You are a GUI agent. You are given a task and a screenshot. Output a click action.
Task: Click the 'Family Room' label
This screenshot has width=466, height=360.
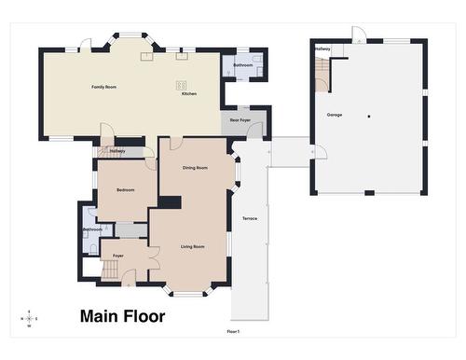[x=103, y=87]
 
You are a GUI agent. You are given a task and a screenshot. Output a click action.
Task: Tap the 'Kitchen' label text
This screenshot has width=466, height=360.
[x=189, y=94]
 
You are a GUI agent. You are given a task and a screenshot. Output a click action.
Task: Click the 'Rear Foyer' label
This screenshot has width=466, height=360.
[x=240, y=120]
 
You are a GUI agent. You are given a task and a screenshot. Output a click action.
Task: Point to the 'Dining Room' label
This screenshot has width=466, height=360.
[x=195, y=168]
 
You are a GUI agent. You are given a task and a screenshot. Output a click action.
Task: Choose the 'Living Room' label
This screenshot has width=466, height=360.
[x=193, y=247]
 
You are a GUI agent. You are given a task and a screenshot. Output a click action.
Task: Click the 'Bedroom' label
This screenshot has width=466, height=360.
[x=125, y=190]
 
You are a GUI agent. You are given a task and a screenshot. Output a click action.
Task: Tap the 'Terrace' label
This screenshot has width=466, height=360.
[x=250, y=218]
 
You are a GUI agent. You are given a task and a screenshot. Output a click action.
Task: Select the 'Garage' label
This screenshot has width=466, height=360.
[x=334, y=115]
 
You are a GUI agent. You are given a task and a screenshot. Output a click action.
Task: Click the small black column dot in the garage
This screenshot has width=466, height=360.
[x=369, y=116]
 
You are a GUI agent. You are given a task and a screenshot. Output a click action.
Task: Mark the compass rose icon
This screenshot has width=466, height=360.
[x=30, y=318]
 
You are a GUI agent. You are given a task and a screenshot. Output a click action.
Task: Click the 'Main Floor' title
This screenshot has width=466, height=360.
[x=122, y=316]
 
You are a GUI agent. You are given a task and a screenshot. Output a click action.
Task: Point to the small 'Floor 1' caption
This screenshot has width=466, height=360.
[x=233, y=332]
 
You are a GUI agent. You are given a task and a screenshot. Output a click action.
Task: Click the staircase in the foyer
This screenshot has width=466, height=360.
[x=109, y=270]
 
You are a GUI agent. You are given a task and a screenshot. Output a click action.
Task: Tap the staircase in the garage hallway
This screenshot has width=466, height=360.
[x=322, y=71]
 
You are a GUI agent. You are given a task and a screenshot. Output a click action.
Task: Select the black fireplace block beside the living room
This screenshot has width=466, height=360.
[x=170, y=201]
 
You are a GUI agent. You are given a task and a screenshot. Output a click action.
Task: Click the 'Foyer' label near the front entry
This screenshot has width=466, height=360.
[x=118, y=255]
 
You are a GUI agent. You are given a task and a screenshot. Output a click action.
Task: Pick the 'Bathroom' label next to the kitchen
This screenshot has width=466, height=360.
[x=243, y=65]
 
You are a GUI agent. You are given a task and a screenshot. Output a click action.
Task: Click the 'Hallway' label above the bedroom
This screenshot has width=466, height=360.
[x=117, y=150]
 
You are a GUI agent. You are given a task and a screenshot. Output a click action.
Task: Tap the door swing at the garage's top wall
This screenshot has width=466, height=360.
[x=359, y=35]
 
